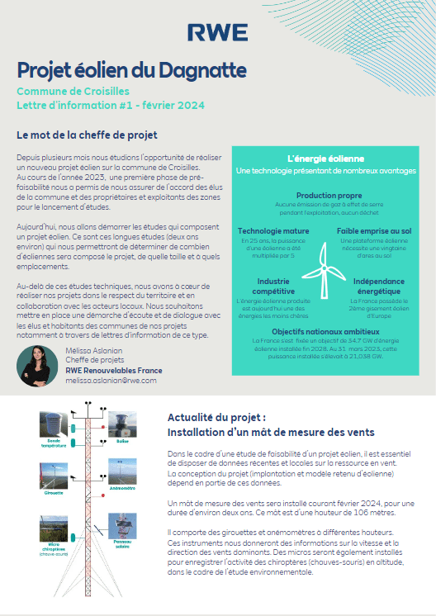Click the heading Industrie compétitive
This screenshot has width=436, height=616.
tap(268, 286)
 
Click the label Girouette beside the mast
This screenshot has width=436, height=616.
tap(54, 490)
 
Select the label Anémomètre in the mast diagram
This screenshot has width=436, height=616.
tap(121, 488)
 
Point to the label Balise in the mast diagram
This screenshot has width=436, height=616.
tap(122, 442)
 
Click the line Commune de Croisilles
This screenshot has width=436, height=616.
tap(73, 91)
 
